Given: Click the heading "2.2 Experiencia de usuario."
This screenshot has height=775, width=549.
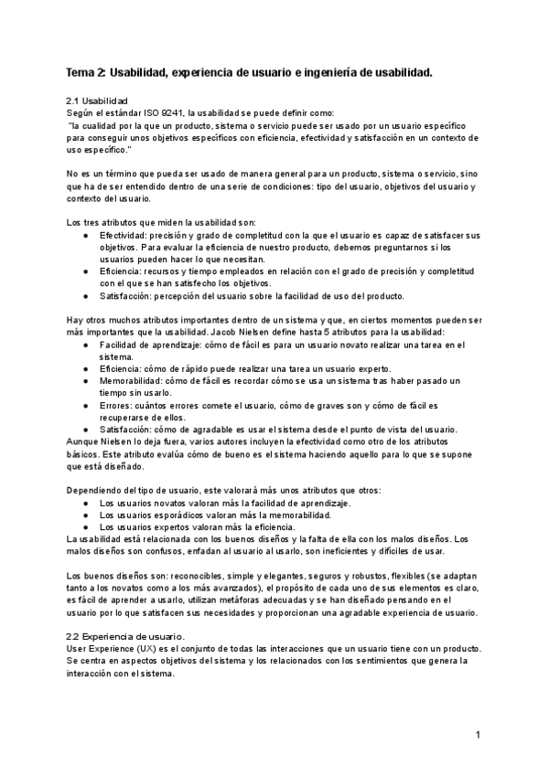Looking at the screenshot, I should [126, 636].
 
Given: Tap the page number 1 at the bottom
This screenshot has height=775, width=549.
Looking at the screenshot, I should [479, 735].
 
